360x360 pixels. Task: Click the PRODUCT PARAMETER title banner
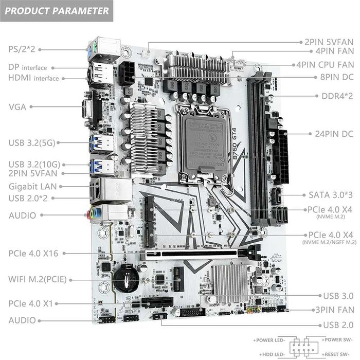[57, 11]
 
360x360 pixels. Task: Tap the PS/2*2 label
[21, 49]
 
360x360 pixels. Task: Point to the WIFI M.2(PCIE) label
[40, 280]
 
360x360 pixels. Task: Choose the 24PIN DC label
[334, 134]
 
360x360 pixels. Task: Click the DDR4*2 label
[337, 96]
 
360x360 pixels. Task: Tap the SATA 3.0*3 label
[331, 195]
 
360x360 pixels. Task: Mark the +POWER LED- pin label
[271, 340]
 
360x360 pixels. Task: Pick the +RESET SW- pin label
[337, 355]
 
